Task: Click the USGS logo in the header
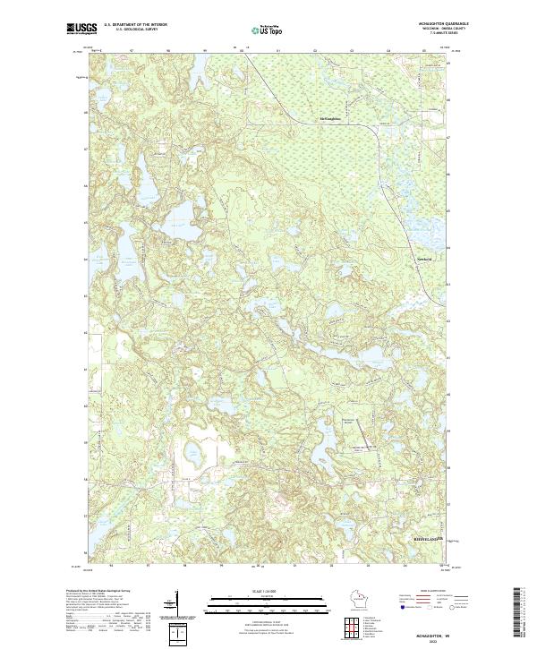click(81, 30)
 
